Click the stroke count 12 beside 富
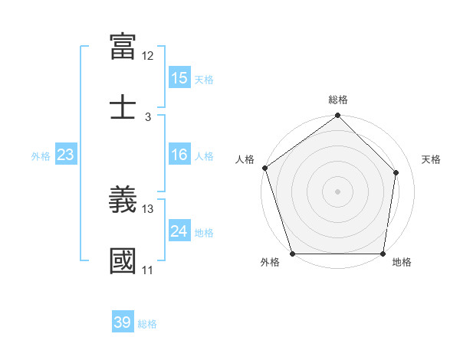pos(148,56)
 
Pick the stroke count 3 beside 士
pos(148,116)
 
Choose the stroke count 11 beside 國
pos(148,270)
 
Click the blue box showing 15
pos(179,78)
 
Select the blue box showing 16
pos(179,155)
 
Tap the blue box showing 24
pos(179,231)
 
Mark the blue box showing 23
pos(66,155)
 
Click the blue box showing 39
pos(123,322)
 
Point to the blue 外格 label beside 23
pos(41,155)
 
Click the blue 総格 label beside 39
pos(147,324)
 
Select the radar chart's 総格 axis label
pos(338,100)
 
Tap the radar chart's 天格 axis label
pos(431,159)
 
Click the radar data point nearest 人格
pos(264,168)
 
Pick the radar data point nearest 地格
pos(383,254)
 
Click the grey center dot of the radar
pos(337,191)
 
